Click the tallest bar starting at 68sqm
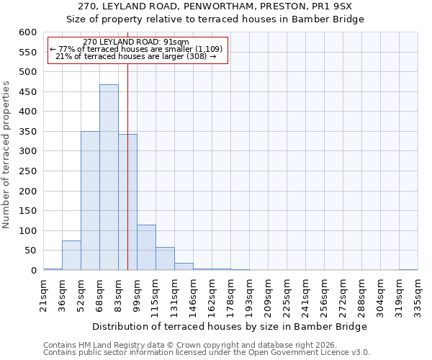coord(109,177)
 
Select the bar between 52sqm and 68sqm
coord(90,201)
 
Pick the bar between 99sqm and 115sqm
coord(146,248)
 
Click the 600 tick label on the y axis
coord(27,32)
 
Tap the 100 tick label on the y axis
coord(27,231)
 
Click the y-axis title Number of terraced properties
coord(7,155)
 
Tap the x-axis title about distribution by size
coord(230,326)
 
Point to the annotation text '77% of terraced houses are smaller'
coord(138,49)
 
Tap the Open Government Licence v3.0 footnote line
coord(207,353)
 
